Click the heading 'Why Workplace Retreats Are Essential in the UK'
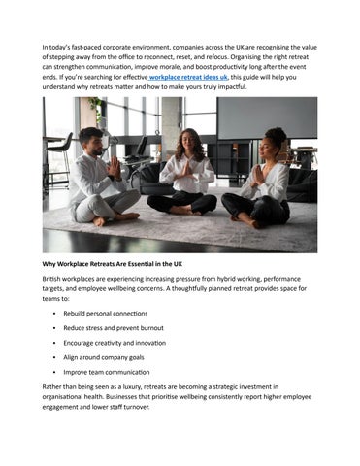(121, 262)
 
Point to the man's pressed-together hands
(115, 167)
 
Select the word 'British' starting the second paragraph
(54, 279)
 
